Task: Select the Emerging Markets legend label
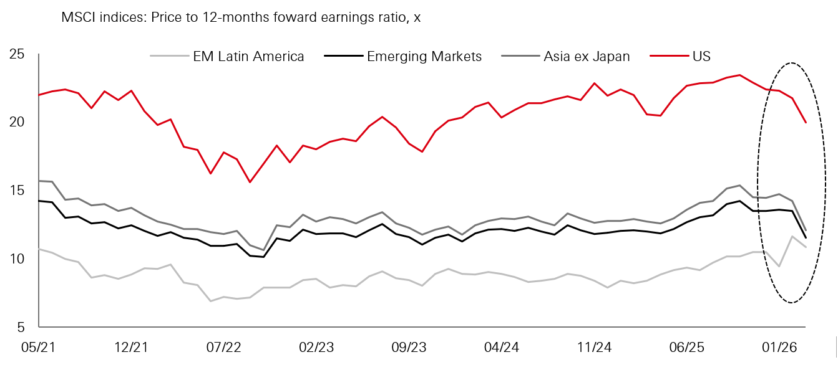tap(424, 57)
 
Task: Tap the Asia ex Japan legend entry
tap(587, 57)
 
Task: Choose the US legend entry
tap(701, 57)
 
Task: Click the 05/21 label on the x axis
tap(39, 347)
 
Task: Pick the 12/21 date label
tap(131, 347)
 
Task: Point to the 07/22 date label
tap(223, 347)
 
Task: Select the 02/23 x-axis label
tap(316, 347)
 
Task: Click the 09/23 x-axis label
tap(409, 347)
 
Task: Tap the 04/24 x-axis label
tap(502, 347)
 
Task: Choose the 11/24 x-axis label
tap(594, 347)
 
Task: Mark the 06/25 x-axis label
tap(686, 347)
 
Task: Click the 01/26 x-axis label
tap(779, 347)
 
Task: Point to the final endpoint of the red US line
tap(806, 123)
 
